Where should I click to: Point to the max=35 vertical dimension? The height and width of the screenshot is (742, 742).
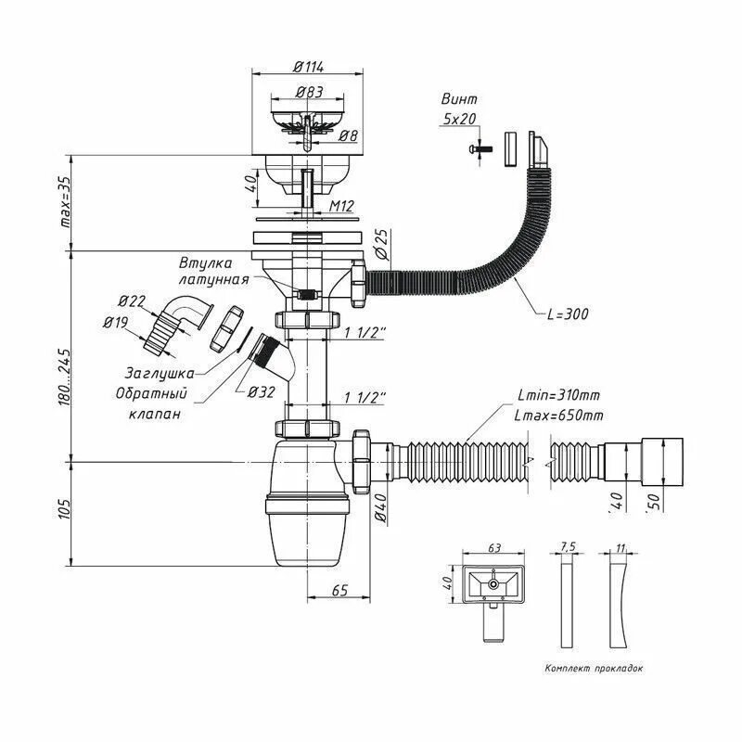[66, 202]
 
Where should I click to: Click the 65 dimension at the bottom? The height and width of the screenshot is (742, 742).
[339, 590]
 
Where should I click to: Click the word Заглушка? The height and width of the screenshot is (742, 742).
[160, 373]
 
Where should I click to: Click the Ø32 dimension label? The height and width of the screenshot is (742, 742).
[261, 391]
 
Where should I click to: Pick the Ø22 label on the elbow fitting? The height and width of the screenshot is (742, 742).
[132, 301]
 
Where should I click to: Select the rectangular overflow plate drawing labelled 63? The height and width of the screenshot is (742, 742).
[492, 586]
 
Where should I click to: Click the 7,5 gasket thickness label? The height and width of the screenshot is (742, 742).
[567, 548]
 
